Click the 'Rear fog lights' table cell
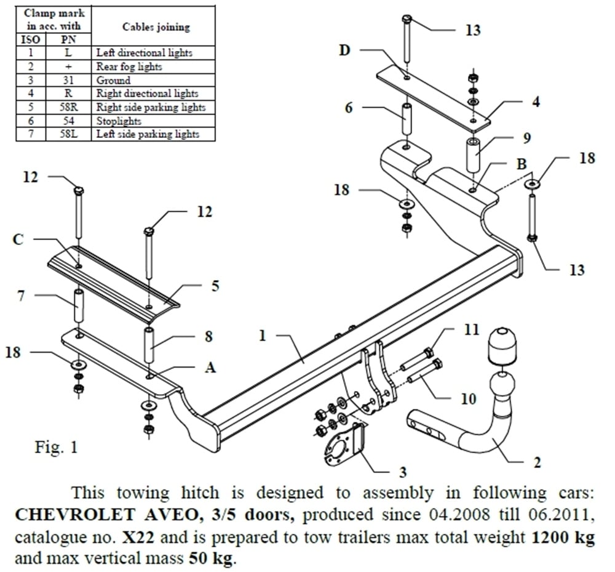(x=129, y=66)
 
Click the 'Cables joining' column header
(x=156, y=26)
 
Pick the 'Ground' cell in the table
(x=114, y=80)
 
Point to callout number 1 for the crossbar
(x=263, y=336)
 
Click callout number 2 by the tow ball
(x=537, y=462)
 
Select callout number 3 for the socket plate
(x=403, y=473)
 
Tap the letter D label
(x=344, y=49)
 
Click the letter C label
(x=18, y=240)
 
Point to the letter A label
(x=210, y=368)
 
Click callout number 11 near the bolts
(x=471, y=331)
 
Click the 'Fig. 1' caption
(x=56, y=446)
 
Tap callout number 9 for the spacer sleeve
(x=527, y=138)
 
